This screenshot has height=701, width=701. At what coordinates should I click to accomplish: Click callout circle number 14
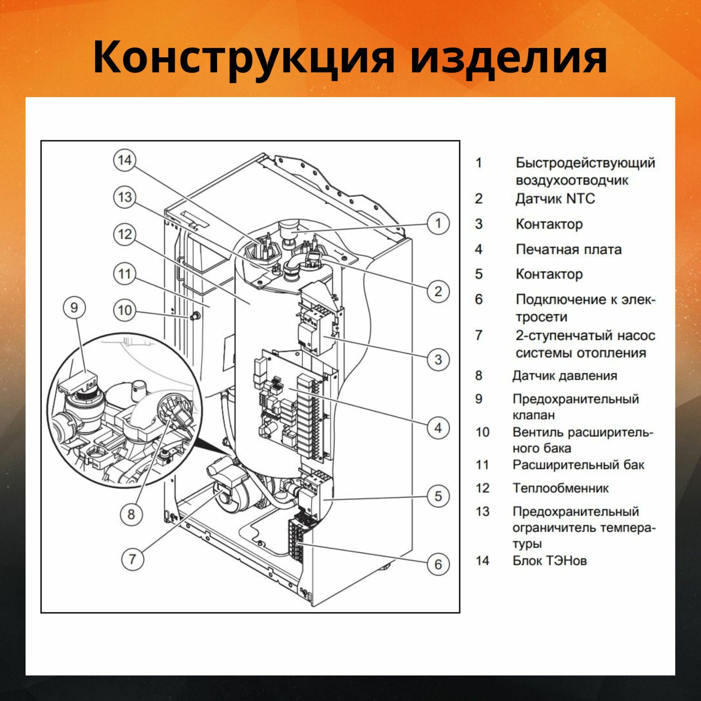click(x=125, y=160)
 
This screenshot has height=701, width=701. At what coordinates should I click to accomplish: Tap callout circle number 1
click(x=438, y=223)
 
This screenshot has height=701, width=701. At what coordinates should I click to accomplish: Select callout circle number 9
click(x=74, y=307)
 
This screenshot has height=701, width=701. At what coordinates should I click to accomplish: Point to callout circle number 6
click(x=438, y=564)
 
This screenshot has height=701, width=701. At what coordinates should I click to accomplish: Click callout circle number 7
click(x=132, y=559)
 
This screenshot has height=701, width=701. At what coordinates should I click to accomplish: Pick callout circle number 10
click(x=125, y=310)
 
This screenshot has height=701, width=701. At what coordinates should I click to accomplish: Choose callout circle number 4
click(x=438, y=428)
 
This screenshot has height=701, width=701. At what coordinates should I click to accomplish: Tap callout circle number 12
click(x=125, y=234)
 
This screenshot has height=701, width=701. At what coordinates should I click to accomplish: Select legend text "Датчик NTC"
click(x=555, y=199)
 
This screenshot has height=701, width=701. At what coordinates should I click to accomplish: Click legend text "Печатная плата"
click(x=568, y=250)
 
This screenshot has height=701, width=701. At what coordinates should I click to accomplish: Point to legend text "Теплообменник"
click(x=560, y=488)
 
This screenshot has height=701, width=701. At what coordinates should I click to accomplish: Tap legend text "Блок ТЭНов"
click(x=549, y=560)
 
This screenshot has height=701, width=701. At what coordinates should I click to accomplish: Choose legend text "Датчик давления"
click(x=565, y=376)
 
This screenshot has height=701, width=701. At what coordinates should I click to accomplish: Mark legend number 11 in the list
click(x=482, y=465)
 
